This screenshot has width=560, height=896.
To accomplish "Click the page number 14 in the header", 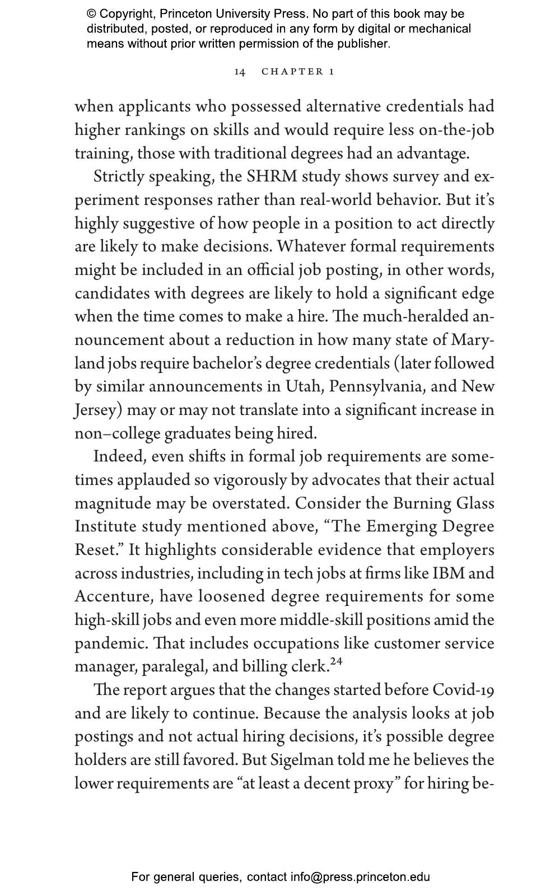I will (x=240, y=72).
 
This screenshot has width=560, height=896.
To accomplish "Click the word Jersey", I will (x=98, y=410).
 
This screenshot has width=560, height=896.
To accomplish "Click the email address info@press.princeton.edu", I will (x=360, y=877).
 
